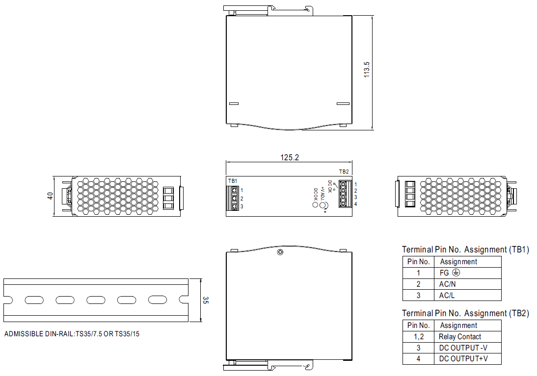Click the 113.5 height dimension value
pos(367,70)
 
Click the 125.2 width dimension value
pos(290,157)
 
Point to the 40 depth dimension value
pos(50,196)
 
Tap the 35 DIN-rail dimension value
pos(206,301)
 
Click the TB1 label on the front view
pos(233,181)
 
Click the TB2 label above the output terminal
pos(344,172)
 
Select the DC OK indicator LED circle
pos(315,204)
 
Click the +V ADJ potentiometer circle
pos(323,205)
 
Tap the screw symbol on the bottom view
pos(280,252)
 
